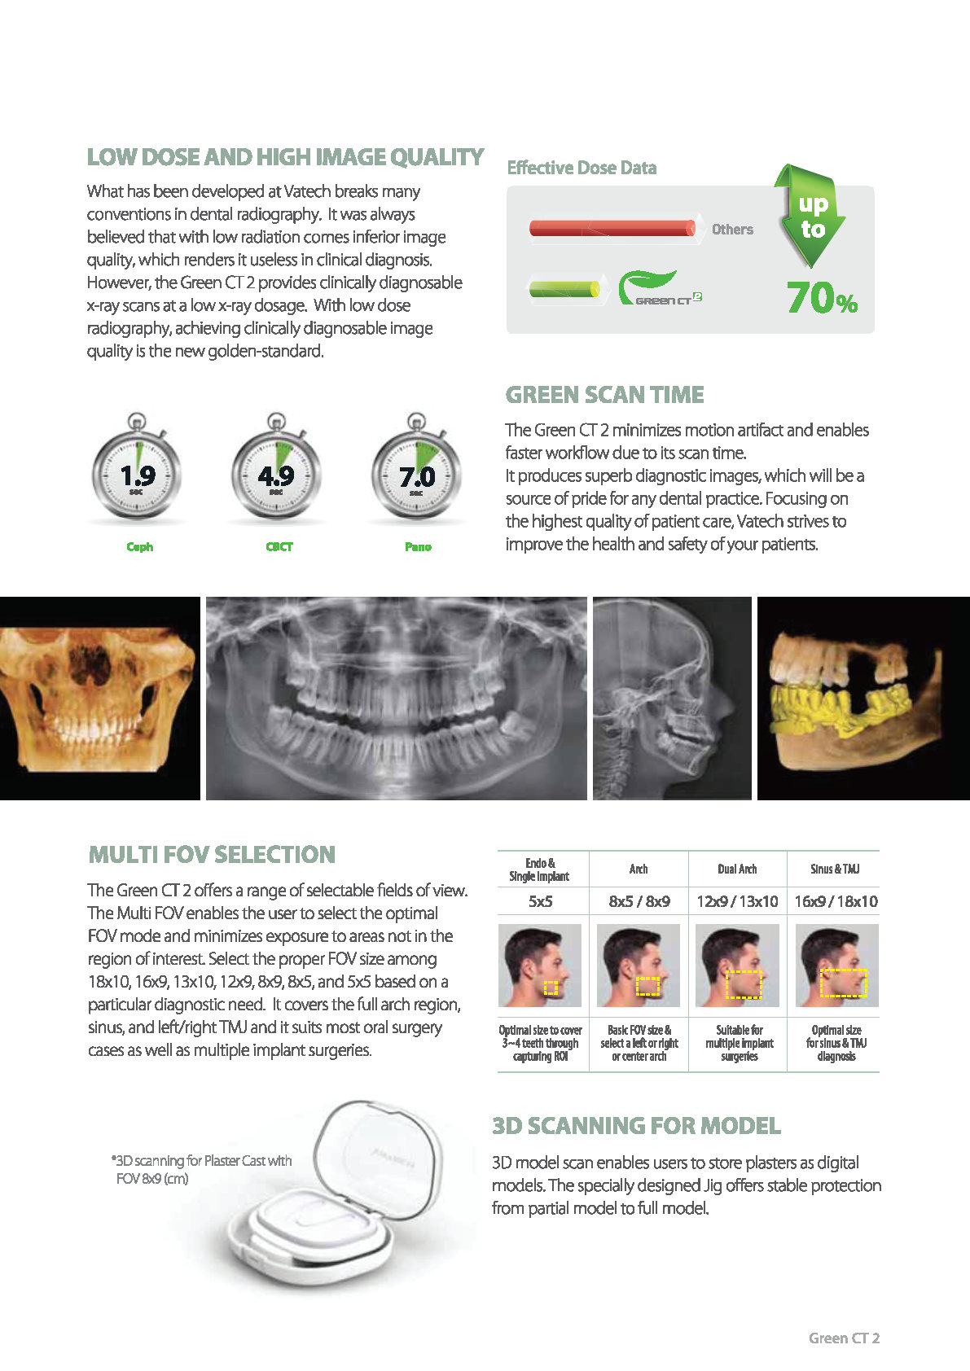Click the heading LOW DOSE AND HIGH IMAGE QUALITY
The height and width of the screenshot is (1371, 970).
point(285,157)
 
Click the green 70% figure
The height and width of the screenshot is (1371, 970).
point(822,298)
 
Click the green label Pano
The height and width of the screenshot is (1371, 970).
point(418,547)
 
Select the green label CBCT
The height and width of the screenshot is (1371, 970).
point(279,547)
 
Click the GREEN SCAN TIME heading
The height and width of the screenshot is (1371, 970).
point(604,395)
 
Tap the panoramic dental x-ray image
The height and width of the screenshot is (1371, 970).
point(396,699)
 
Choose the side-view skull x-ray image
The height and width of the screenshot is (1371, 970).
point(672,699)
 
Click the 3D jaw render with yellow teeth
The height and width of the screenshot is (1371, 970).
point(863,699)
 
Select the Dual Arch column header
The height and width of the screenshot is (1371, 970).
point(737,869)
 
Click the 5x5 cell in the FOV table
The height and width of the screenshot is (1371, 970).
point(541,901)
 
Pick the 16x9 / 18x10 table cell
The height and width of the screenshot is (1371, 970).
point(836,901)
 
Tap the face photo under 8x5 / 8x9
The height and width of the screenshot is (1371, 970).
point(639,966)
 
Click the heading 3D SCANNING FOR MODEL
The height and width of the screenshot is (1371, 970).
point(636,1126)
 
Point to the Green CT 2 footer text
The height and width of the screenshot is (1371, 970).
point(844,1338)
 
